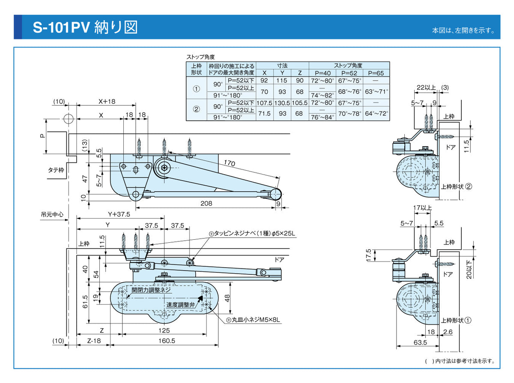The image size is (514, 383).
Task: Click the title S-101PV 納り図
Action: pos(85,27)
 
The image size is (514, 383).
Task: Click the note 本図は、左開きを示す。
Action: pos(463,30)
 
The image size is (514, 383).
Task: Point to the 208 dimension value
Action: pos(206,203)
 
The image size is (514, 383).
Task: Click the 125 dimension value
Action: pos(164,330)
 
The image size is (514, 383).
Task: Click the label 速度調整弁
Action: pos(180,305)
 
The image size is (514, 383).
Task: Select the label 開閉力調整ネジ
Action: pos(151,290)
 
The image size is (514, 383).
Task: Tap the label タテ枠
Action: pos(56,170)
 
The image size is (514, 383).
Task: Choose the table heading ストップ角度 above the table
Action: pos(200,57)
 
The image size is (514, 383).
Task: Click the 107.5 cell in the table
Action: pos(264,103)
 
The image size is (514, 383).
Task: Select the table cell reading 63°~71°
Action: pos(377,91)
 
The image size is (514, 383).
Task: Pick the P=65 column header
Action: pos(376,72)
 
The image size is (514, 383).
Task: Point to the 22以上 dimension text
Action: pos(426,88)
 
